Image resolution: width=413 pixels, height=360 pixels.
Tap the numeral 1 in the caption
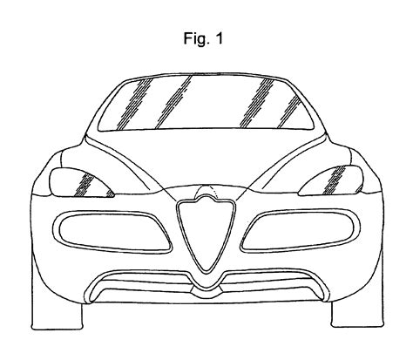pyautogui.click(x=219, y=37)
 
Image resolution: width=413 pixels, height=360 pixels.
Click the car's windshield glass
pyautogui.click(x=206, y=102)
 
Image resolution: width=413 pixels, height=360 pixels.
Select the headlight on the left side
pyautogui.click(x=80, y=182)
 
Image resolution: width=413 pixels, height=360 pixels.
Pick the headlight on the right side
pyautogui.click(x=331, y=180)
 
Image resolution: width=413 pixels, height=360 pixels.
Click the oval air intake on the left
pyautogui.click(x=112, y=232)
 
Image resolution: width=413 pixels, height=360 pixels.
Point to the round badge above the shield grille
pyautogui.click(x=206, y=191)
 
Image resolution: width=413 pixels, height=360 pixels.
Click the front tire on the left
pyautogui.click(x=57, y=316)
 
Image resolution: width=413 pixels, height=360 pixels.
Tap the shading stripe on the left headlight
pyautogui.click(x=85, y=184)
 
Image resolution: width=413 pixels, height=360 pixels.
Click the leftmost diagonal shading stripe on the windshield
pyautogui.click(x=134, y=104)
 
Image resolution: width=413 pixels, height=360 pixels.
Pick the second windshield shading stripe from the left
pyautogui.click(x=173, y=102)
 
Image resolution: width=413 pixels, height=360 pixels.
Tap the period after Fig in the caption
pyautogui.click(x=208, y=43)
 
